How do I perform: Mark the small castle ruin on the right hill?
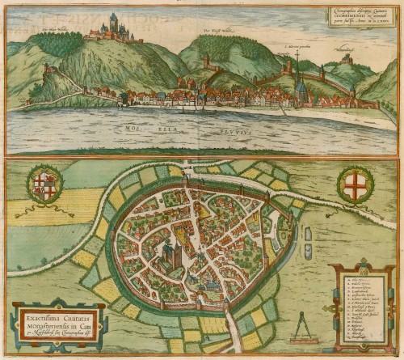pyautogui.click(x=347, y=59)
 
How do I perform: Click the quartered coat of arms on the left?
pyautogui.click(x=44, y=182)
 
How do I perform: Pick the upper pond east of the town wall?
pyautogui.click(x=308, y=233)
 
